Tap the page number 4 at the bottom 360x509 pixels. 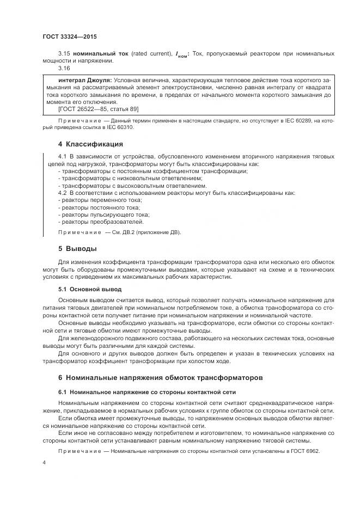[x=44, y=462]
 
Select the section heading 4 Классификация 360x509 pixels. [x=90, y=144]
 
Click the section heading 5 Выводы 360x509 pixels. [x=77, y=249]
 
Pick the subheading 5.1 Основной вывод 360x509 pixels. [x=90, y=289]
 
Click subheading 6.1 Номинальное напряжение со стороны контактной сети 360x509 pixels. [x=147, y=392]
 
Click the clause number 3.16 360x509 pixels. [x=64, y=69]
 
